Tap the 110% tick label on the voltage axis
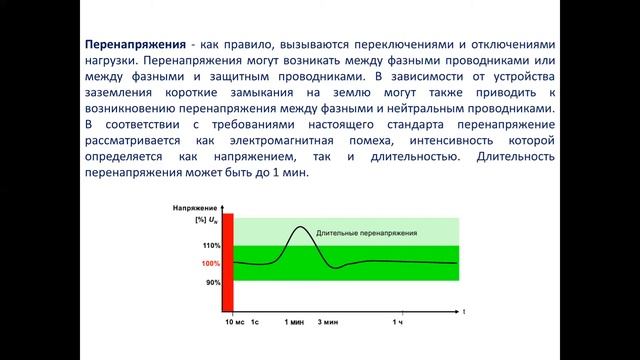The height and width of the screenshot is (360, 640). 210,246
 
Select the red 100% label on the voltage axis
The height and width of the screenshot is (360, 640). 210,264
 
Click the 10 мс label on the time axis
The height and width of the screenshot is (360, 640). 233,323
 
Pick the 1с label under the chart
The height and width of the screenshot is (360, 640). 255,323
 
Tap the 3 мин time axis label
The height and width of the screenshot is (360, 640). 328,323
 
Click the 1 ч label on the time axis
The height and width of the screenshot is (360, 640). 397,323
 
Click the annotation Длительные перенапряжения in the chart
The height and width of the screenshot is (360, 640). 367,233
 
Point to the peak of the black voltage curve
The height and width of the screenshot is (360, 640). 300,227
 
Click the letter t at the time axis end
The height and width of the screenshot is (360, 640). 463,313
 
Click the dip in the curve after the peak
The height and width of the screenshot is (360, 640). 338,268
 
